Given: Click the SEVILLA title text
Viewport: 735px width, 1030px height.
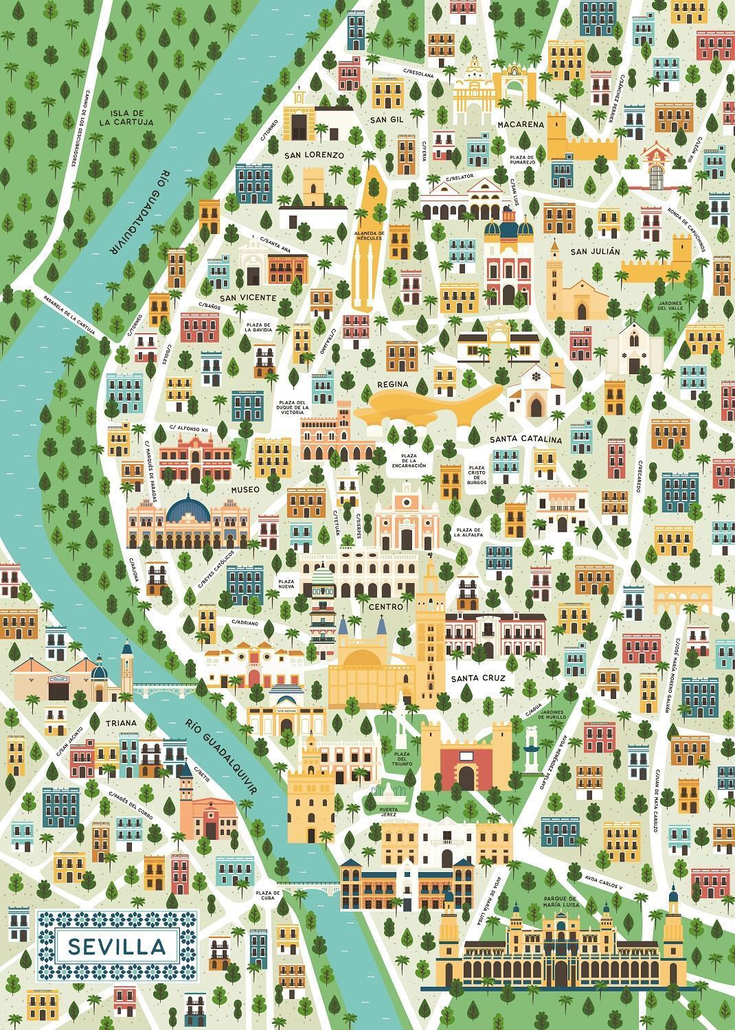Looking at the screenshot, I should [117, 946].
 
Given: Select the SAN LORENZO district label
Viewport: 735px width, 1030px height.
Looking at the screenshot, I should [314, 155].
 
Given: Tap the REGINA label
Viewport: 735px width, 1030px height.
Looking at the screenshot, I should [393, 384].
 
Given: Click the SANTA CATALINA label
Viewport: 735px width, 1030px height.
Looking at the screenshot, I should [526, 439].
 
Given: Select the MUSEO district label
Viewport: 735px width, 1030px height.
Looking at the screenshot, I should [245, 490].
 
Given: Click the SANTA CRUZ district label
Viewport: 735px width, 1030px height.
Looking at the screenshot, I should [478, 678].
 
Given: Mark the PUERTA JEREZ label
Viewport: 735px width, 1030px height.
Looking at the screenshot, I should [389, 813].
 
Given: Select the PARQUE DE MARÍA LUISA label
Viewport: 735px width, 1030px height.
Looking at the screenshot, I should [561, 901].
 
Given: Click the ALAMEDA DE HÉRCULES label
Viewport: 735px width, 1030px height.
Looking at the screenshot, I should [368, 237].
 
